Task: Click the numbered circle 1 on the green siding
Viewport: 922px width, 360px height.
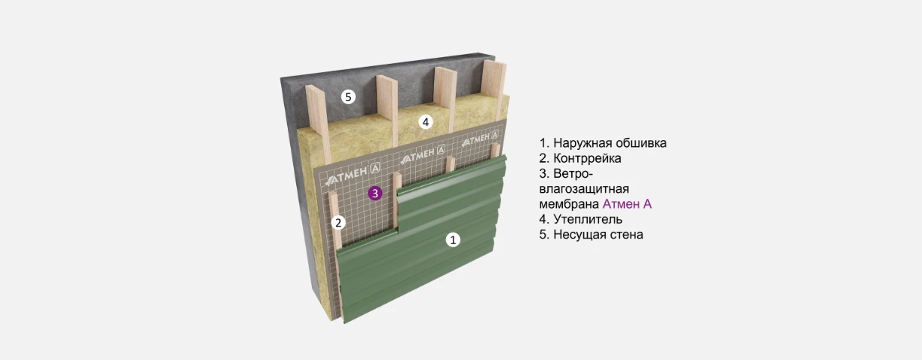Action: click(453, 239)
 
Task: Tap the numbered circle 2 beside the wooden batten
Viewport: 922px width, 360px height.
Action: click(338, 223)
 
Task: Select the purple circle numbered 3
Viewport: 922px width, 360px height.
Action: click(375, 193)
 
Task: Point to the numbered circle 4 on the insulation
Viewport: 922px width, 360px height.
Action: click(426, 122)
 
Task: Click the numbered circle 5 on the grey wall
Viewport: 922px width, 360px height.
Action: click(349, 97)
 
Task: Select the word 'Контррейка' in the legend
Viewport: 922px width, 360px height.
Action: click(587, 158)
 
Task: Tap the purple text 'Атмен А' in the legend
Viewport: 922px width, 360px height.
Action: click(627, 204)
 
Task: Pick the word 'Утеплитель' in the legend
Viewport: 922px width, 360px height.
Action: click(588, 219)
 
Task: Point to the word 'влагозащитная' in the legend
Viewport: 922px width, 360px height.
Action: click(584, 189)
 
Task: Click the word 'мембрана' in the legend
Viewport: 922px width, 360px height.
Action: click(569, 204)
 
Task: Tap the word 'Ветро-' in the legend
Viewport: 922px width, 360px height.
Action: click(573, 173)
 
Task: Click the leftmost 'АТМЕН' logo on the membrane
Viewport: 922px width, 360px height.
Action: click(352, 175)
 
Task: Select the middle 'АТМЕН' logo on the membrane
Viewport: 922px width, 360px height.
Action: click(423, 154)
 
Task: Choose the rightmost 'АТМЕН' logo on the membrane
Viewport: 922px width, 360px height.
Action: click(480, 139)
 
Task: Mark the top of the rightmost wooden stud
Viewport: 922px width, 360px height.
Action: click(494, 64)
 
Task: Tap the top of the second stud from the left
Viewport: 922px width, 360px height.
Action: click(387, 78)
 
